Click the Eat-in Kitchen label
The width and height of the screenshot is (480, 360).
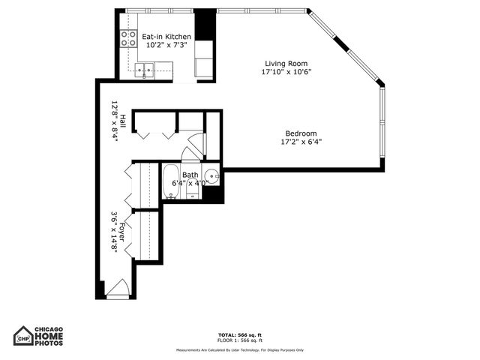[x=166, y=36]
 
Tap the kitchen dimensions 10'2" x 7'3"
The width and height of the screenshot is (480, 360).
[x=166, y=45]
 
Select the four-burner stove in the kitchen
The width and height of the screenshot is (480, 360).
[x=128, y=39]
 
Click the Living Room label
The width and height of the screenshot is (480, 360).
[x=286, y=64]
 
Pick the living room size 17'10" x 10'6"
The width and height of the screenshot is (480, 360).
[x=286, y=73]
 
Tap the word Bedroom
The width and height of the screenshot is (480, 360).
[x=301, y=133]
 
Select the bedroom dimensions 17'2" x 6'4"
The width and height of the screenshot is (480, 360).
[x=301, y=142]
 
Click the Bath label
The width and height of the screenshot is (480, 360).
[x=190, y=175]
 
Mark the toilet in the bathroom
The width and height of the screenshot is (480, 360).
[x=193, y=192]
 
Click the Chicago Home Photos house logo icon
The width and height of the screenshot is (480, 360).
[x=23, y=336]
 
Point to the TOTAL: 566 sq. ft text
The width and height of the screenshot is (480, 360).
[x=239, y=334]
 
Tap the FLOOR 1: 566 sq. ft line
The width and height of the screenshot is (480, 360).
[x=239, y=340]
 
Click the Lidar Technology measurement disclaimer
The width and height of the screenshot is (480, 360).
[x=239, y=349]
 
